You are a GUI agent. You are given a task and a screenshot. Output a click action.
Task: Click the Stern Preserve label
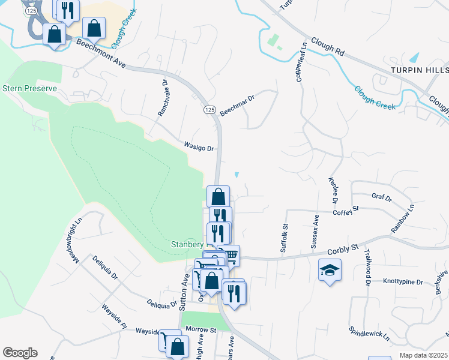29,88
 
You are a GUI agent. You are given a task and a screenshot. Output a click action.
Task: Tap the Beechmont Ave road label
100,57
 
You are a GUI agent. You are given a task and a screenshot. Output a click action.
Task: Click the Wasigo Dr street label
199,146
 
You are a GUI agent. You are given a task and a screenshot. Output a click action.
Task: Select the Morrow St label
200,329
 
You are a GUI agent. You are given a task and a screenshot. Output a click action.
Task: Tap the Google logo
20,353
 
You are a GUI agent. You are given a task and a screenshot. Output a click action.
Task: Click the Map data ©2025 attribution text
423,355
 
